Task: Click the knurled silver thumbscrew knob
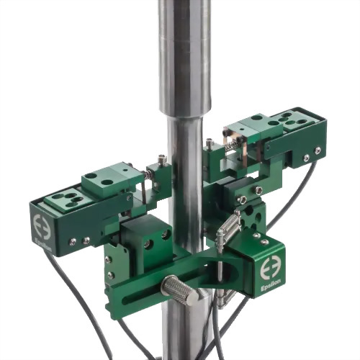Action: tap(181, 290)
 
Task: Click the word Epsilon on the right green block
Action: tap(271, 285)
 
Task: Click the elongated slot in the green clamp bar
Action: tap(145, 293)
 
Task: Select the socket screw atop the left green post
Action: tap(162, 158)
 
